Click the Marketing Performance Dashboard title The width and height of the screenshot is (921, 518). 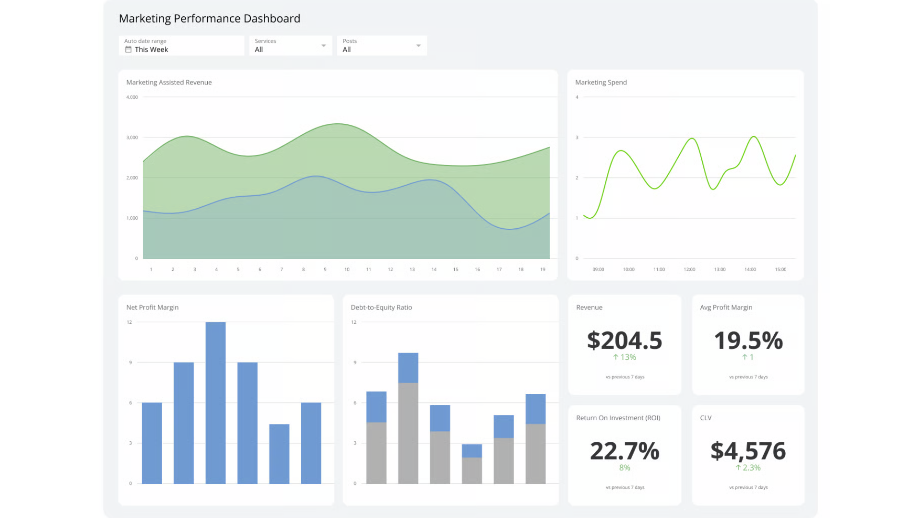tap(209, 18)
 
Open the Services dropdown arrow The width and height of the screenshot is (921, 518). tap(324, 46)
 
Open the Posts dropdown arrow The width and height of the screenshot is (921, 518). tap(418, 46)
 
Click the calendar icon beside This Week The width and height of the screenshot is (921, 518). tap(128, 49)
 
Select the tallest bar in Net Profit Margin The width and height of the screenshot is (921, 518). tap(215, 403)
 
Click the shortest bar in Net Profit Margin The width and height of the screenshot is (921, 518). tap(279, 454)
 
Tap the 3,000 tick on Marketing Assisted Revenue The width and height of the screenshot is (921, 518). tap(132, 138)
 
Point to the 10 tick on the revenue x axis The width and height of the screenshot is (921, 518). tap(347, 270)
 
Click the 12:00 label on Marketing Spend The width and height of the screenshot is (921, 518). tap(689, 270)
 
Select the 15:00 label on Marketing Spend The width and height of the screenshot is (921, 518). tap(780, 270)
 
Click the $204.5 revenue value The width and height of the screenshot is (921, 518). tap(625, 341)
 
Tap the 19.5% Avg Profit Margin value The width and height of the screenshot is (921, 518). tap(748, 341)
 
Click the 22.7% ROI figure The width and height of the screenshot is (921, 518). tap(625, 451)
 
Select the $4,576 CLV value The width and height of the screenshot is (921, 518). tap(748, 451)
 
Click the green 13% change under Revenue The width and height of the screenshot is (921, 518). tap(625, 357)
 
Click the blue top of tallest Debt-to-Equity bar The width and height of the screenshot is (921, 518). tap(408, 368)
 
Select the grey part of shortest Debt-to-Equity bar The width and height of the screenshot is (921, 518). tap(472, 471)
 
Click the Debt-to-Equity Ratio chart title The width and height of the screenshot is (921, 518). tap(381, 307)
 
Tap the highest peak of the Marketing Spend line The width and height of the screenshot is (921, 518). tap(754, 137)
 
